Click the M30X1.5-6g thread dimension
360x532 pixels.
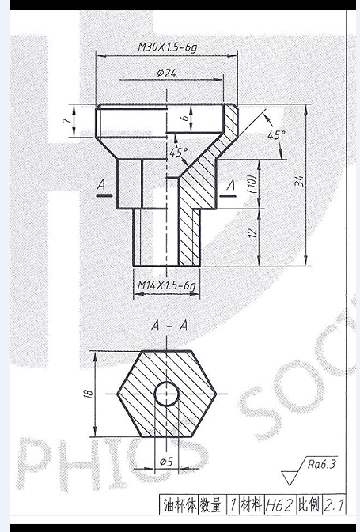(x=166, y=47)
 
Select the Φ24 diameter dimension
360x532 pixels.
(x=167, y=74)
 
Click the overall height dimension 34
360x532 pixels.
(x=299, y=183)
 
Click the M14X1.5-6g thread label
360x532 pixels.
(x=167, y=284)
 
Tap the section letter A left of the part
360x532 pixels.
(x=100, y=185)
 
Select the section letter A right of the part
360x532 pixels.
(x=231, y=185)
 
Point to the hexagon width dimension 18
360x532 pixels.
(x=89, y=392)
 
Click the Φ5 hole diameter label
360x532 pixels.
(x=167, y=461)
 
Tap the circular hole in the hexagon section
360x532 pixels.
(x=167, y=392)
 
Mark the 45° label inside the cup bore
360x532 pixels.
(x=179, y=151)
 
